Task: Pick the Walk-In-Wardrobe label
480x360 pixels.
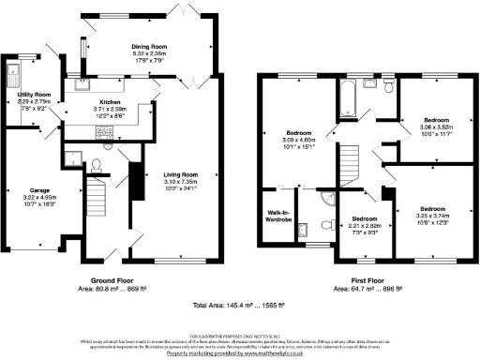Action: (x=276, y=217)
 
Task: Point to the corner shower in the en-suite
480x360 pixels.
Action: (x=325, y=198)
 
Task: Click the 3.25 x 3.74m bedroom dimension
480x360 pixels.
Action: (x=432, y=215)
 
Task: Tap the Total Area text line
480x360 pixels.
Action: (x=240, y=307)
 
